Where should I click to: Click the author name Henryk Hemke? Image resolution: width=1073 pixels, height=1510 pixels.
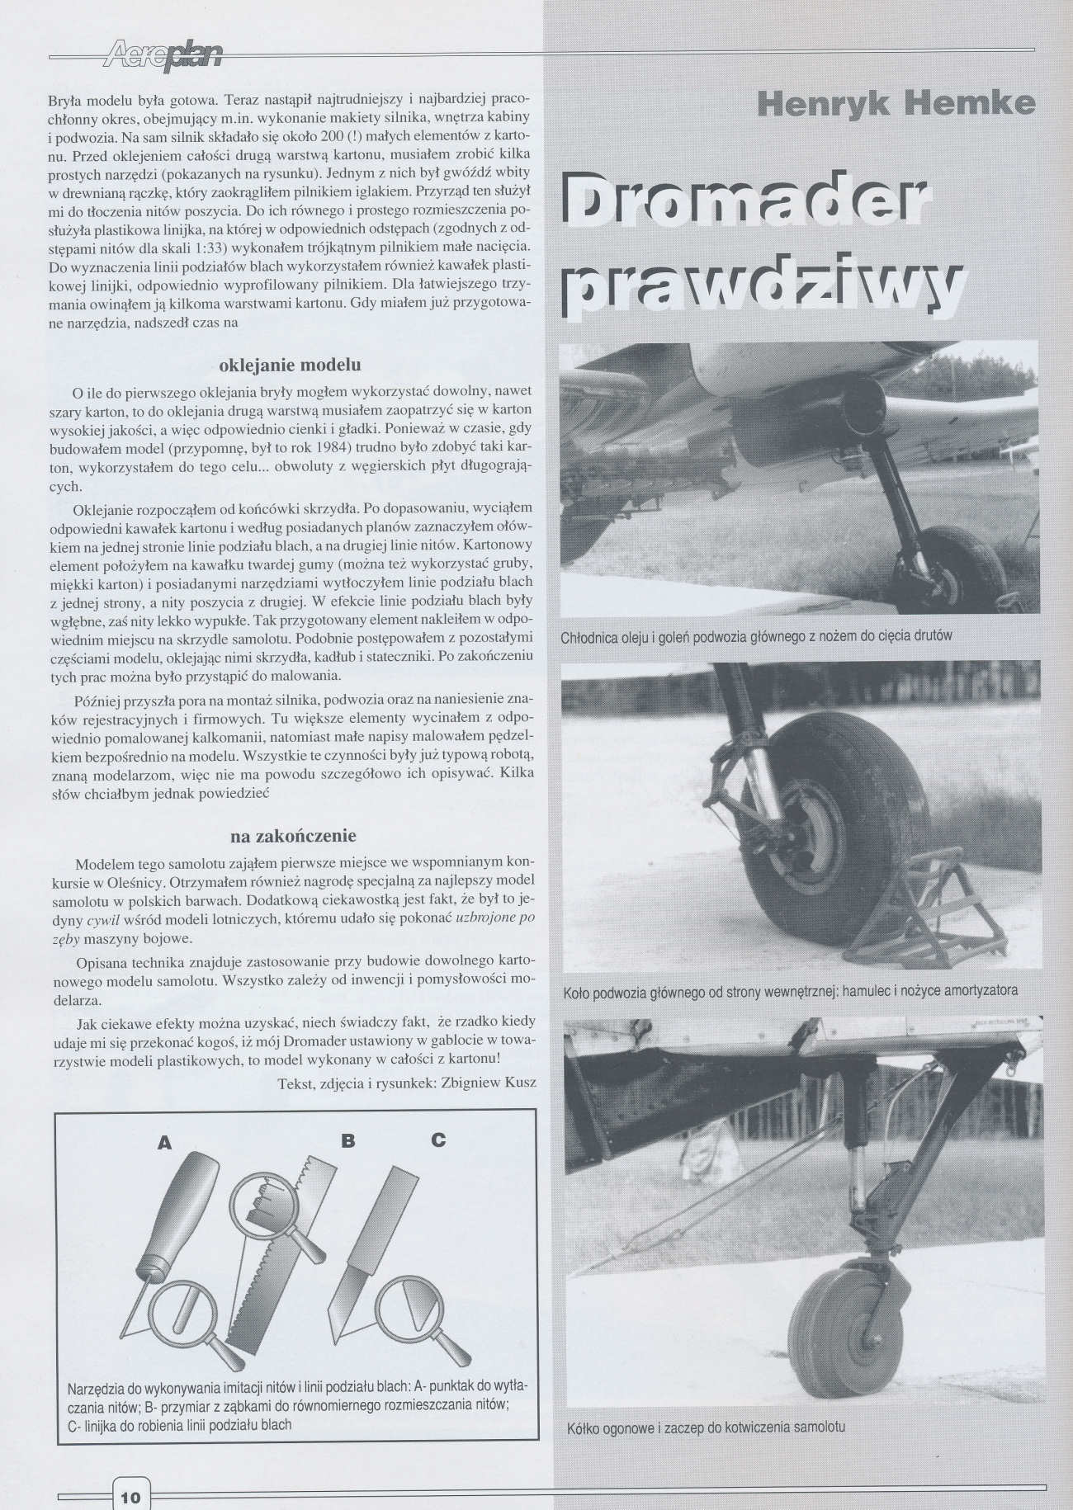pos(896,103)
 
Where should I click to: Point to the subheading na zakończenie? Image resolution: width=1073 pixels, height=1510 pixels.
pos(293,836)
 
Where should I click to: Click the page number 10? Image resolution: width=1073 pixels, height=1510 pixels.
pos(131,1475)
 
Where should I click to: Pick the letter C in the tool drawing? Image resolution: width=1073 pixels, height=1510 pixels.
pos(438,1140)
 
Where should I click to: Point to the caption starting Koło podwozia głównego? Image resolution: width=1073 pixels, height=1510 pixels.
pos(790,990)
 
